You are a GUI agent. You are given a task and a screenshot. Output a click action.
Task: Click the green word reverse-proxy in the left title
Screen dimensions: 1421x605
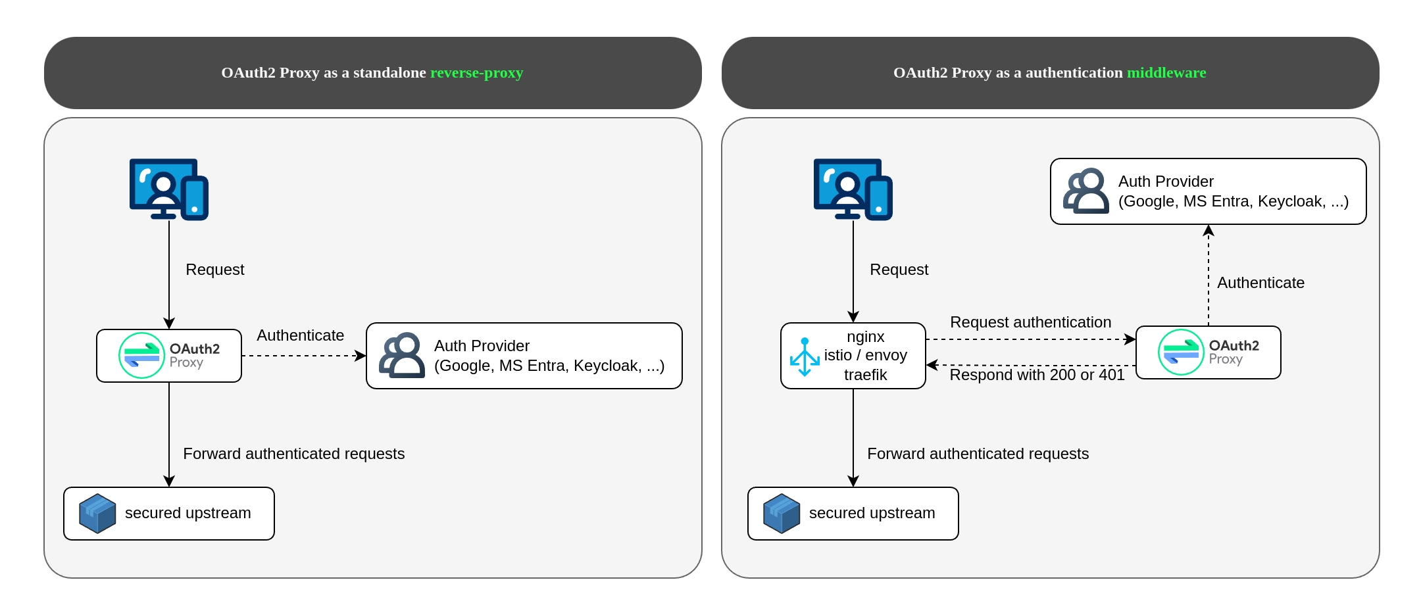point(476,73)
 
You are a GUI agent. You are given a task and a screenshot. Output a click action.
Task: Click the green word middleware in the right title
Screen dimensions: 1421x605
point(1166,72)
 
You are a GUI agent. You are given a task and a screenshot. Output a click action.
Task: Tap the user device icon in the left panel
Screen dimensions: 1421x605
point(169,189)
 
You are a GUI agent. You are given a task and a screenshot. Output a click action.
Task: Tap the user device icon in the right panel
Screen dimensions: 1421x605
point(853,189)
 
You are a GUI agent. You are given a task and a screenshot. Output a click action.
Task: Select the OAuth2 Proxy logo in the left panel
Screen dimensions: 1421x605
point(170,356)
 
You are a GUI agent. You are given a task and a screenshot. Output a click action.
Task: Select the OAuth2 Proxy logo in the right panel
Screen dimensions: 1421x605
point(1209,352)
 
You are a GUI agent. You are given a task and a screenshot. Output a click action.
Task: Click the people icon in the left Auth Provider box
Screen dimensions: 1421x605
point(401,355)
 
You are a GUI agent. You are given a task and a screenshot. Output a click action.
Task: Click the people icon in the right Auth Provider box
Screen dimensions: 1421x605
point(1085,191)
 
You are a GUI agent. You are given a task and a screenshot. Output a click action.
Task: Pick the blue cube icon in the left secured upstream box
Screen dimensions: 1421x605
point(97,514)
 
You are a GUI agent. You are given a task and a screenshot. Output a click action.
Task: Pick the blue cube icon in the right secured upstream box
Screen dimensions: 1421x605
point(782,514)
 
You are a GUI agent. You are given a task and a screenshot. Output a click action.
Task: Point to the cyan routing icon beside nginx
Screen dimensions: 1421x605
point(805,357)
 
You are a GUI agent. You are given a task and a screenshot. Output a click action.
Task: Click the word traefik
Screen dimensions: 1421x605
point(866,375)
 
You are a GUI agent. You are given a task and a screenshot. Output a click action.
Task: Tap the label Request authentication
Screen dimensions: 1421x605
point(1031,322)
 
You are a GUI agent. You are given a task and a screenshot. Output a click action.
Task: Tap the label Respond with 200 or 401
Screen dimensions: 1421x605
point(1037,375)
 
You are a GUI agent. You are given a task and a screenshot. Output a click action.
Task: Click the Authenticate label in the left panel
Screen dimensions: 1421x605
point(301,335)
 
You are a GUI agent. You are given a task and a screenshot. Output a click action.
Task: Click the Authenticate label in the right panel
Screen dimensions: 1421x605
point(1261,283)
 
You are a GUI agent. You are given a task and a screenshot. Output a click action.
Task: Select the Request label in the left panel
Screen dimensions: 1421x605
point(215,270)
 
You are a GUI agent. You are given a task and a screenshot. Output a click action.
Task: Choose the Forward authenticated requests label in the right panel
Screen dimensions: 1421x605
point(978,454)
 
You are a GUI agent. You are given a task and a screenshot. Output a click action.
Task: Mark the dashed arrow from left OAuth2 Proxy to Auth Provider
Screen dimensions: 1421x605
point(304,356)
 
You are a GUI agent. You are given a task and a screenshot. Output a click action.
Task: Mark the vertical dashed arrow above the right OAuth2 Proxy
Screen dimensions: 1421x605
point(1209,275)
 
